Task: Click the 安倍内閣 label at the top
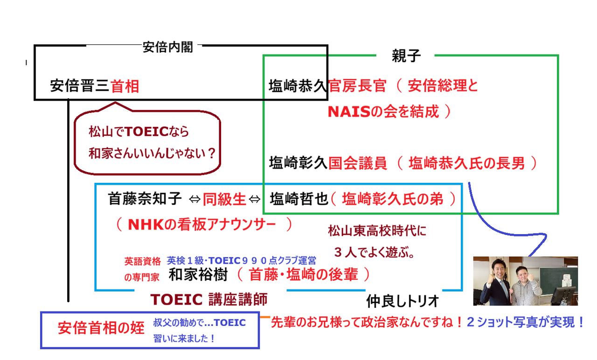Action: pyautogui.click(x=167, y=48)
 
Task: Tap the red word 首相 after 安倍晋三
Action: pyautogui.click(x=125, y=86)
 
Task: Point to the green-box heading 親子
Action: pyautogui.click(x=406, y=56)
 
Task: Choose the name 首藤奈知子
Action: pyautogui.click(x=145, y=199)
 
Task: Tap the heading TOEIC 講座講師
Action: pyautogui.click(x=209, y=299)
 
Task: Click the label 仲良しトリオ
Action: pyautogui.click(x=403, y=301)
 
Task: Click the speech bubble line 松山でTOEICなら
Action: pyautogui.click(x=139, y=132)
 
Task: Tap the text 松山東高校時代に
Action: pyautogui.click(x=377, y=230)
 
